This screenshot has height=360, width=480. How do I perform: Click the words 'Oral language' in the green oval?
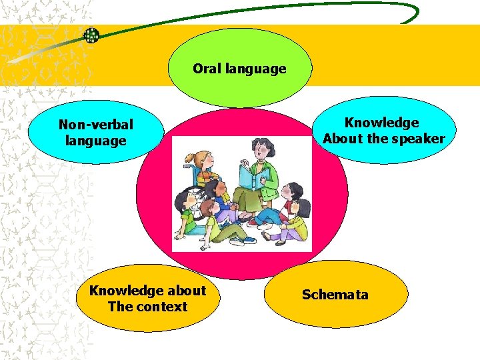pos(239,69)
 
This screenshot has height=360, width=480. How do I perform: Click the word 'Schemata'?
pos(335,295)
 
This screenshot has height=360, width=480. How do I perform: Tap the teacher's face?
pos(258,150)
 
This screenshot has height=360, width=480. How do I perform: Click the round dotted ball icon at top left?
pos(91,35)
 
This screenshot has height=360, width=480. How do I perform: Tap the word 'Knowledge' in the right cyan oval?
pos(381,123)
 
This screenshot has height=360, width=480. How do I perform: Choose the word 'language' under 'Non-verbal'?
pos(96,141)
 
